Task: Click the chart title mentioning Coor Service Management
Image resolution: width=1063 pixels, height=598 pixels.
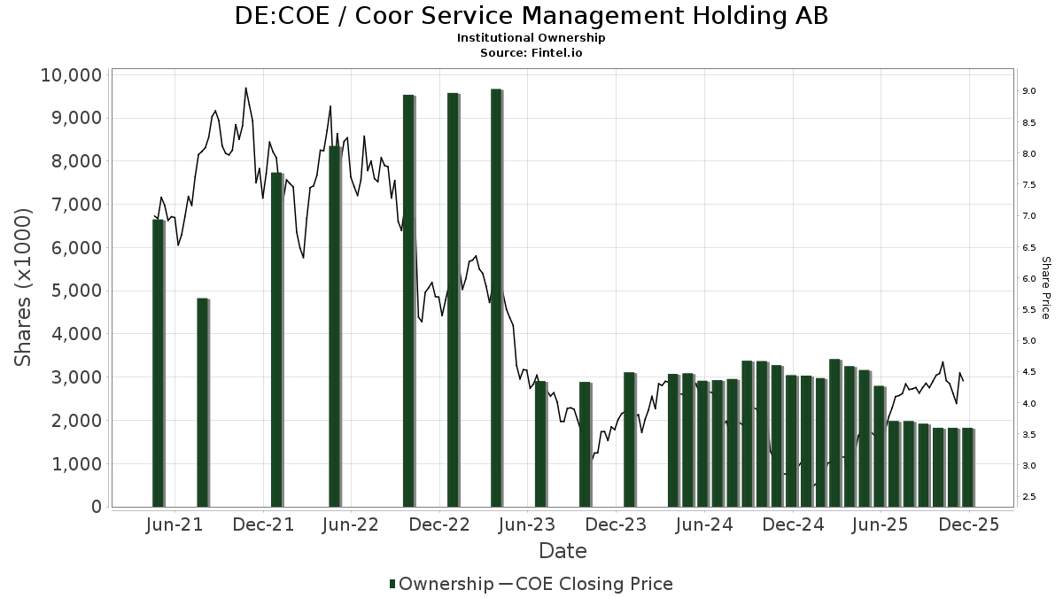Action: [531, 17]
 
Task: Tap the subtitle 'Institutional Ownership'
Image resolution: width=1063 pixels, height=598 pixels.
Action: [531, 38]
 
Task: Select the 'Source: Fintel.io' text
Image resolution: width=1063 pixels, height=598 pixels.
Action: [531, 52]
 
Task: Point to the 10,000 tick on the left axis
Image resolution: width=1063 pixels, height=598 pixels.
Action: [72, 74]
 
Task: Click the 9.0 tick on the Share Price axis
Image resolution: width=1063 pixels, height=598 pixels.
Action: [1030, 91]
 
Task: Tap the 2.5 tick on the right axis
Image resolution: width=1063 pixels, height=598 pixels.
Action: [1030, 497]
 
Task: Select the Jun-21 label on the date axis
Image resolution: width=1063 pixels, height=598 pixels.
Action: [175, 524]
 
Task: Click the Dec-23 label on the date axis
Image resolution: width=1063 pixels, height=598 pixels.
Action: [617, 524]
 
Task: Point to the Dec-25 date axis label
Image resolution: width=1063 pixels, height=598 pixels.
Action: [969, 524]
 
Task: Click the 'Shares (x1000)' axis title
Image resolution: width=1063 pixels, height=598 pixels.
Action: [24, 288]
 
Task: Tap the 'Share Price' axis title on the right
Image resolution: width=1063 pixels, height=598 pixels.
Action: [1045, 288]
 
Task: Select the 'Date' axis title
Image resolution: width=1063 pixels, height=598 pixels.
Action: [563, 551]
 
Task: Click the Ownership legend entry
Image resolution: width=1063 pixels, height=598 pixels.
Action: [441, 584]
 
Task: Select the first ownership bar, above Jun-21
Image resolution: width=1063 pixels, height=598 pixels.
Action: [158, 363]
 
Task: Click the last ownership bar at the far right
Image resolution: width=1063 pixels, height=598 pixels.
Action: [967, 468]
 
